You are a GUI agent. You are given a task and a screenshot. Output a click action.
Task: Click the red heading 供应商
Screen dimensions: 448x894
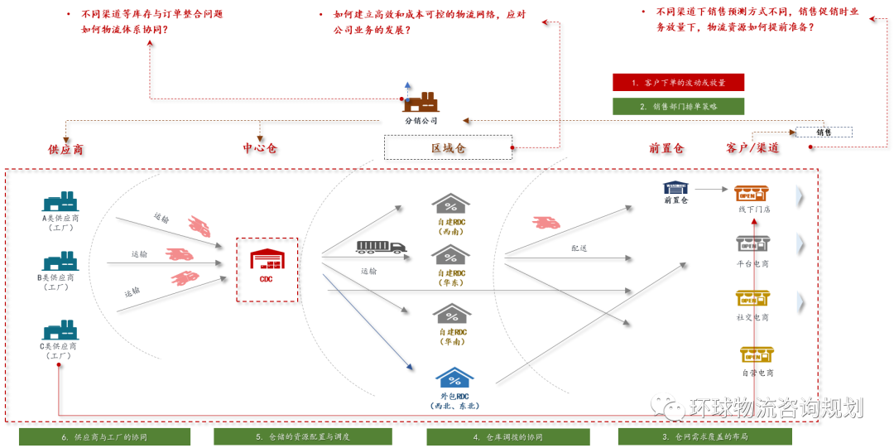tap(65, 149)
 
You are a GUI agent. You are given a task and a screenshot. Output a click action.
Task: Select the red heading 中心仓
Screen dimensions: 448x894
tap(259, 147)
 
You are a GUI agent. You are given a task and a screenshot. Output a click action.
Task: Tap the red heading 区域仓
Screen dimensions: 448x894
tap(448, 147)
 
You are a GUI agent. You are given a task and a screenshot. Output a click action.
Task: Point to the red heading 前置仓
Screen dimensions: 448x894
tap(666, 147)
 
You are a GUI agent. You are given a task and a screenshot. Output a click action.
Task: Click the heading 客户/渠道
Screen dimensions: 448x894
tap(752, 147)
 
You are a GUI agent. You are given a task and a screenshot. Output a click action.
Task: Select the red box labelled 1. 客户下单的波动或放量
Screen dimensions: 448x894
tap(678, 82)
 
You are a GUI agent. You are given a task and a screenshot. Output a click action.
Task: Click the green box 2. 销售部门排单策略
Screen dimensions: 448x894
tap(678, 106)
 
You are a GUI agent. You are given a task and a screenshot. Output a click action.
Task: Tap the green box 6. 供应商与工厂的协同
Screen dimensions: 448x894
tap(104, 436)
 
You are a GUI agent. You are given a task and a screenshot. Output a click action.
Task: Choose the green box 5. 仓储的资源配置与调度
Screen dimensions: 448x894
tap(302, 436)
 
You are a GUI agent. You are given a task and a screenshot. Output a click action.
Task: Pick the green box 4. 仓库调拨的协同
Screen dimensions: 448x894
tap(507, 436)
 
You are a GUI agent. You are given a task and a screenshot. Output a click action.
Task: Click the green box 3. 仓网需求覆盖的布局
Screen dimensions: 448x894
tap(704, 436)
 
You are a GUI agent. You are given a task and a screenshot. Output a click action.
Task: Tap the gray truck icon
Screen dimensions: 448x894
tap(381, 247)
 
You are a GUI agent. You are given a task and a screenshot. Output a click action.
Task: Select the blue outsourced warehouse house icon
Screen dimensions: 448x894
tap(454, 378)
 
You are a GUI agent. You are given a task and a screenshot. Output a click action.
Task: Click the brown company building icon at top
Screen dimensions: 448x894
tap(421, 103)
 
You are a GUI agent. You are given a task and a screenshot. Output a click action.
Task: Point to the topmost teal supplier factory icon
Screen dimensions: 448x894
tap(60, 201)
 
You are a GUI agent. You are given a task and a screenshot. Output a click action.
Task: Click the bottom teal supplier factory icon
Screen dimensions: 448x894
tap(60, 330)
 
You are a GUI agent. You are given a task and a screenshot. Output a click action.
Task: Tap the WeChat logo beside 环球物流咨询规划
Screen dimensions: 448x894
tap(667, 406)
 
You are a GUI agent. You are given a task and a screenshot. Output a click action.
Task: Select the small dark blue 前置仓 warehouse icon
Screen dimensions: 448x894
tap(675, 187)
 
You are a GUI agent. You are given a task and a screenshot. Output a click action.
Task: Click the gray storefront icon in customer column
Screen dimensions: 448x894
tap(752, 243)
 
